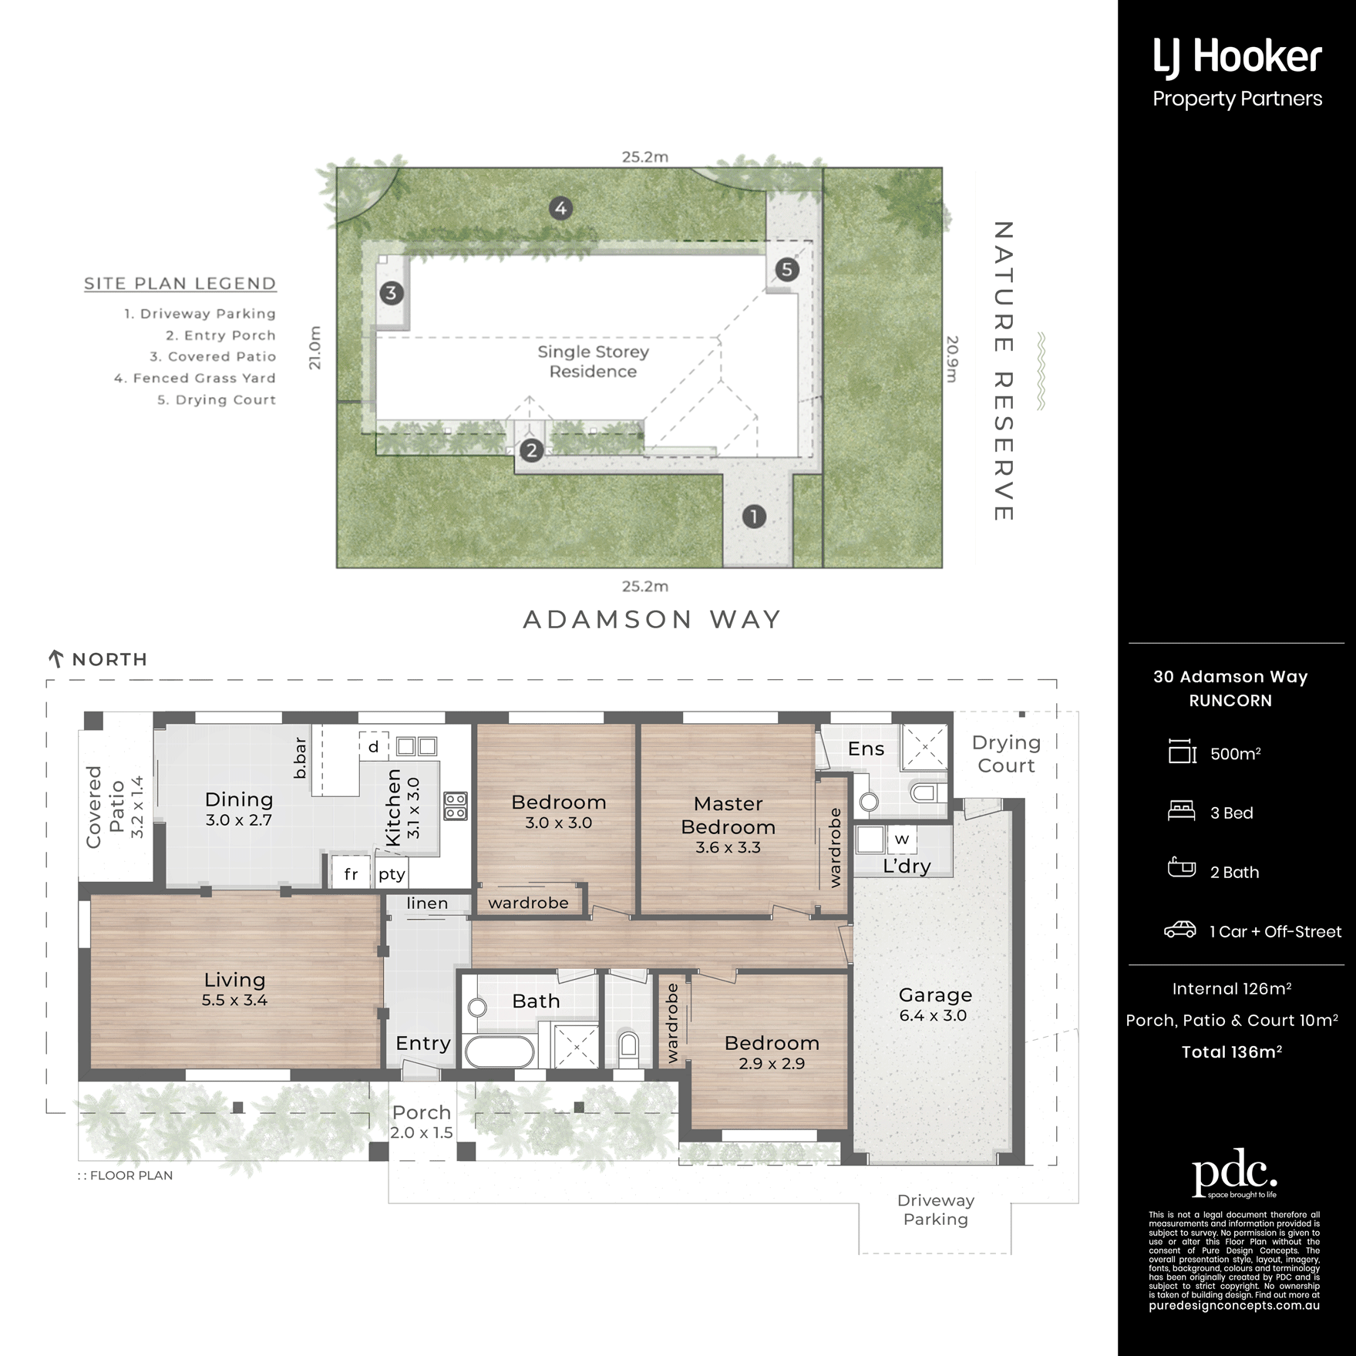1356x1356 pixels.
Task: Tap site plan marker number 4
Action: (x=560, y=208)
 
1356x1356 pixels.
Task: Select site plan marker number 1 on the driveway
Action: (x=754, y=516)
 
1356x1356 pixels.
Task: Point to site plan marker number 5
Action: (x=786, y=269)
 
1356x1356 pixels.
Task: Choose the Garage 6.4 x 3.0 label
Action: (x=934, y=1004)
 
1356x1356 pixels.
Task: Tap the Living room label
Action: (x=234, y=989)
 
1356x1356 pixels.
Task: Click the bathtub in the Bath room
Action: (x=500, y=1051)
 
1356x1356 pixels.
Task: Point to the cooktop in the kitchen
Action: (x=456, y=806)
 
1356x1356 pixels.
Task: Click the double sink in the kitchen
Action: (x=417, y=745)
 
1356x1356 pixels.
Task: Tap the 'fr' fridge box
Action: (x=351, y=873)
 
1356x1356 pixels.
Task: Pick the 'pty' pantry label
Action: (x=392, y=874)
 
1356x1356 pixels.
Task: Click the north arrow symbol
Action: (x=56, y=658)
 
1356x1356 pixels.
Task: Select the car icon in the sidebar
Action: (x=1180, y=930)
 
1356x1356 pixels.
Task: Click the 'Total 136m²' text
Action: (x=1232, y=1051)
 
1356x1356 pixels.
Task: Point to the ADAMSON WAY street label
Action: (x=652, y=620)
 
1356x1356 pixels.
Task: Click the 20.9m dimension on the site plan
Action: (x=952, y=358)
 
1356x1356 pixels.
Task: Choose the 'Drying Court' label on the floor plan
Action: (x=1006, y=754)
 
